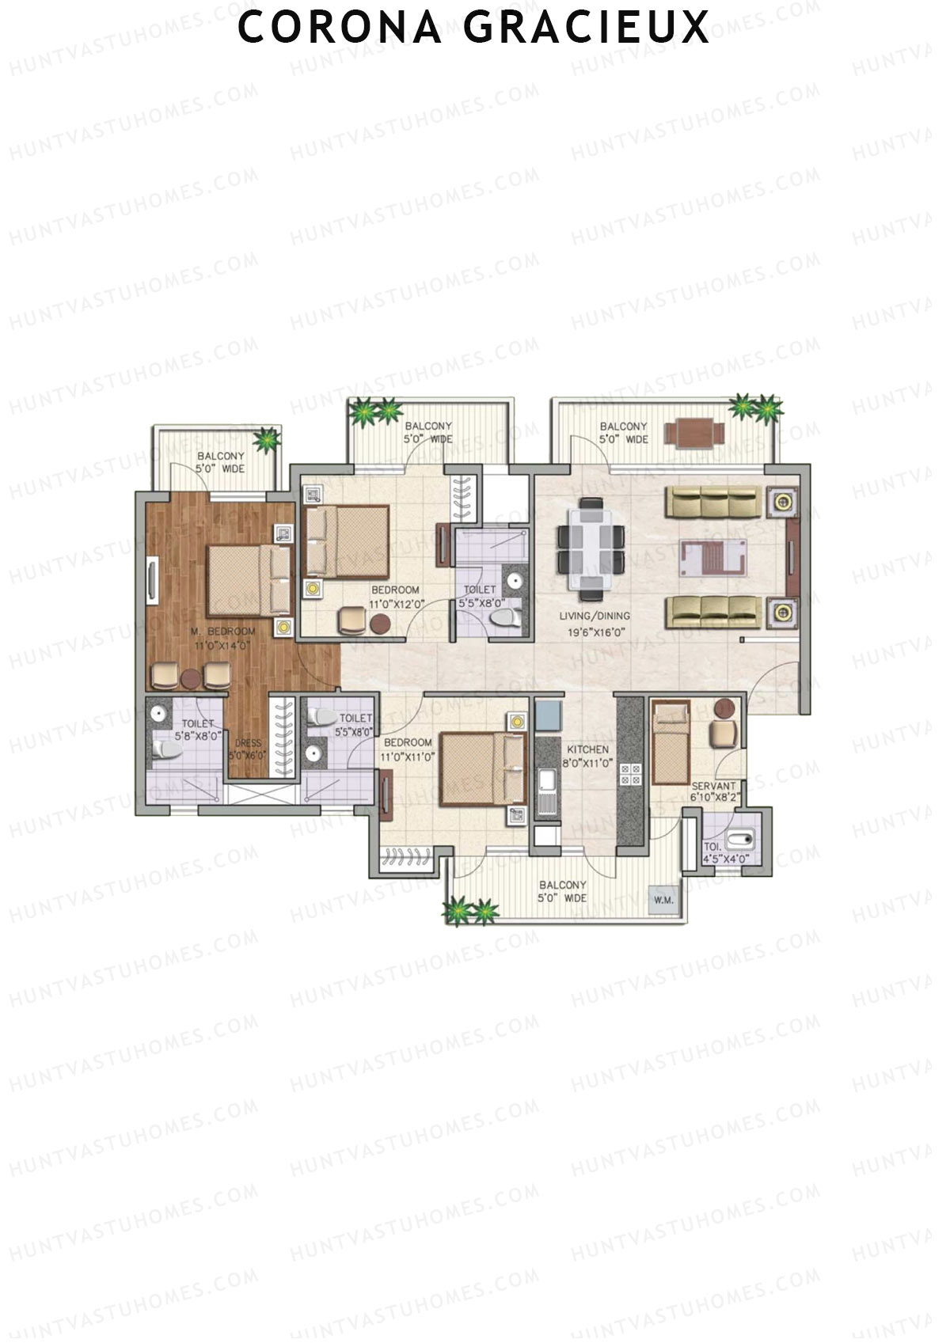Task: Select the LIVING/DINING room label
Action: coord(595,616)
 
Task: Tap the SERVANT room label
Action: coord(713,786)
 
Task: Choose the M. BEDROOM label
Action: coord(222,631)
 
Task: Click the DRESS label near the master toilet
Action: coord(248,743)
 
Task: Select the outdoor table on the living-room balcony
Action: coord(694,433)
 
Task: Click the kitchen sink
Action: coord(547,783)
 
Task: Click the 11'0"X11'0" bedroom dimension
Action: coord(408,757)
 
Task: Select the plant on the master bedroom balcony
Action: coord(267,439)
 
